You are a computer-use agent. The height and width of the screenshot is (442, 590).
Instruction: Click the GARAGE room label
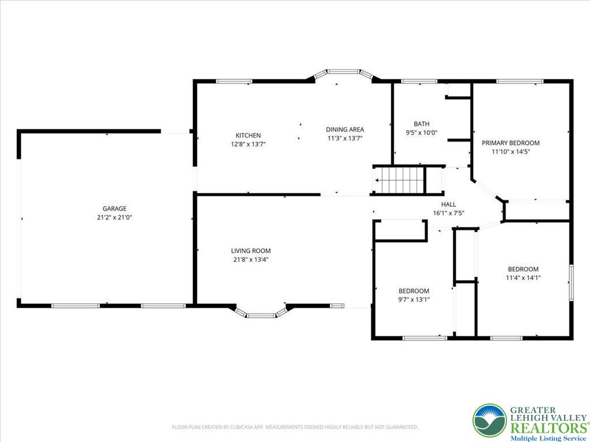pos(114,208)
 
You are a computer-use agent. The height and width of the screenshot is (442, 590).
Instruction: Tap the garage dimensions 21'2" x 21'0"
pos(114,217)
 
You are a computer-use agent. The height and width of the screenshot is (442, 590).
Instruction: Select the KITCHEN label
pos(248,135)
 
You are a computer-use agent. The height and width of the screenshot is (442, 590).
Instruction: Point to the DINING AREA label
pos(345,129)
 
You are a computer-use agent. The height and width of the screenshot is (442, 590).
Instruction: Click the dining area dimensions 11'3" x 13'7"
pos(345,138)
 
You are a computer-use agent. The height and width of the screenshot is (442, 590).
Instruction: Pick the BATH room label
pos(421,124)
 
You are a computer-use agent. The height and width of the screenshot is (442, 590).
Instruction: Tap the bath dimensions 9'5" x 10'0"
pos(421,132)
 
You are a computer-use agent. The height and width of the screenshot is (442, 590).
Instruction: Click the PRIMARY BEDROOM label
pos(510,143)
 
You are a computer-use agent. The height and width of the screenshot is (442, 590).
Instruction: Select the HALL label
pos(448,204)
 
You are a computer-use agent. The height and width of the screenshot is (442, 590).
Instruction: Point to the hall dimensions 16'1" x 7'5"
pos(448,213)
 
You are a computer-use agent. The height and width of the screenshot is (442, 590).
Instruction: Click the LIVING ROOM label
pos(251,251)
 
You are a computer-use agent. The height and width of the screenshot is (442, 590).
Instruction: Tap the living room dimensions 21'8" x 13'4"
pos(251,260)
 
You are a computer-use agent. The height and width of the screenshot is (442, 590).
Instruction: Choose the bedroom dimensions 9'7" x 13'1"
pos(414,299)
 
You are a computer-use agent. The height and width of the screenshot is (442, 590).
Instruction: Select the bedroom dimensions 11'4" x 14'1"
pos(523,277)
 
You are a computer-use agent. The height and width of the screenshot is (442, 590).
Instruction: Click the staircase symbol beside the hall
pos(400,180)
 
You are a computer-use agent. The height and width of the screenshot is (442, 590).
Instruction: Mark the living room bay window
pos(262,313)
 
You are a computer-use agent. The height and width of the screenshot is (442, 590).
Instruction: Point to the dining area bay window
pos(343,73)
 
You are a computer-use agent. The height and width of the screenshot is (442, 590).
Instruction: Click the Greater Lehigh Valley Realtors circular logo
pos(489,420)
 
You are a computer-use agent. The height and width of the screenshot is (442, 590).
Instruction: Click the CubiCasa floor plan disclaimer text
pos(295,427)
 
